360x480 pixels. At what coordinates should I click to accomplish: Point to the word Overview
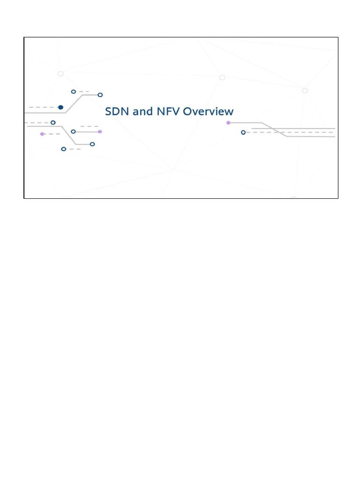(x=208, y=112)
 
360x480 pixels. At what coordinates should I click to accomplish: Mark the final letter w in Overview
(x=229, y=112)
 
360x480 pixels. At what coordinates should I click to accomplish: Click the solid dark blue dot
(x=60, y=107)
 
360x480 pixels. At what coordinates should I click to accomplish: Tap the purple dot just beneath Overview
(x=228, y=123)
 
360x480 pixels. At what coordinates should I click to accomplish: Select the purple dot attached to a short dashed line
(x=42, y=134)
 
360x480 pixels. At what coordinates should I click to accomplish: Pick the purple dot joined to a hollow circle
(x=100, y=132)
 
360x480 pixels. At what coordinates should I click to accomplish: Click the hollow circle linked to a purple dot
(x=73, y=132)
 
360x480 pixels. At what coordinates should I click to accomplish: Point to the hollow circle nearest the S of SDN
(x=100, y=95)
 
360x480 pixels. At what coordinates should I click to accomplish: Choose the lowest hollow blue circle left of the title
(x=63, y=149)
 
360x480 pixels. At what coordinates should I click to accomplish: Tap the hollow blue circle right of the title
(x=243, y=133)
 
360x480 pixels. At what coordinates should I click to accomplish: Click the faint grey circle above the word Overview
(x=222, y=77)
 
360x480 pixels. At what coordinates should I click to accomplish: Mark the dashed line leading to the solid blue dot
(x=43, y=107)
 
